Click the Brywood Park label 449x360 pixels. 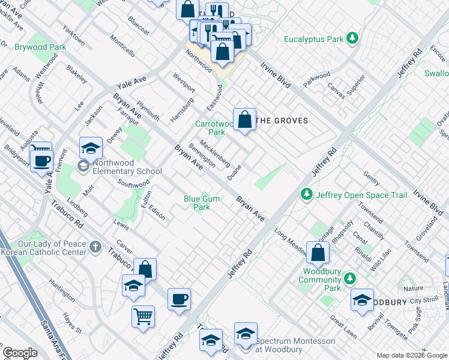40,46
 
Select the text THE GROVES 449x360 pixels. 282,121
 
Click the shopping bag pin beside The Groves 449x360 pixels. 244,119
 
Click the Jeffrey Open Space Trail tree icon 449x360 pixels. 307,194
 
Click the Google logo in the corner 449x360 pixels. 20,353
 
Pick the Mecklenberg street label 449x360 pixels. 215,153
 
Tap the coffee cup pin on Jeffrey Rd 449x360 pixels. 179,299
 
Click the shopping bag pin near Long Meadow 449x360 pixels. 318,252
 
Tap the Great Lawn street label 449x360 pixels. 344,328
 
